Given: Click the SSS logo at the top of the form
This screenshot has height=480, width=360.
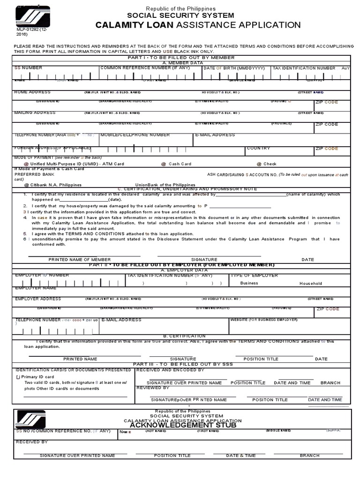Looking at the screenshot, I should (31, 18).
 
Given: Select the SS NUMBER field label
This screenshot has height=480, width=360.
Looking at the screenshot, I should (28, 68).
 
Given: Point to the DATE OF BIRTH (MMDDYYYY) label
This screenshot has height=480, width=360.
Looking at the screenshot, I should (234, 68).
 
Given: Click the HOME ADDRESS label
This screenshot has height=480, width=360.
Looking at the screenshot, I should (32, 92).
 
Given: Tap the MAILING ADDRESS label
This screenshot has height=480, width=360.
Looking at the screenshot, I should (35, 113).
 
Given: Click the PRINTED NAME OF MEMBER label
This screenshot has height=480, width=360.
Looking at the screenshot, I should (80, 260).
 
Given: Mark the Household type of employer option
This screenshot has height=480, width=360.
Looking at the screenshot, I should (310, 284).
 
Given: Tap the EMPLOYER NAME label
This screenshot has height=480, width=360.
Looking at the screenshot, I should (33, 289).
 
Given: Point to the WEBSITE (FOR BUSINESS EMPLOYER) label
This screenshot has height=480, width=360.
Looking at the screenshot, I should (263, 320).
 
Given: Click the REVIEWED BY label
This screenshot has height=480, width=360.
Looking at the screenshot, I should (152, 388).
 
